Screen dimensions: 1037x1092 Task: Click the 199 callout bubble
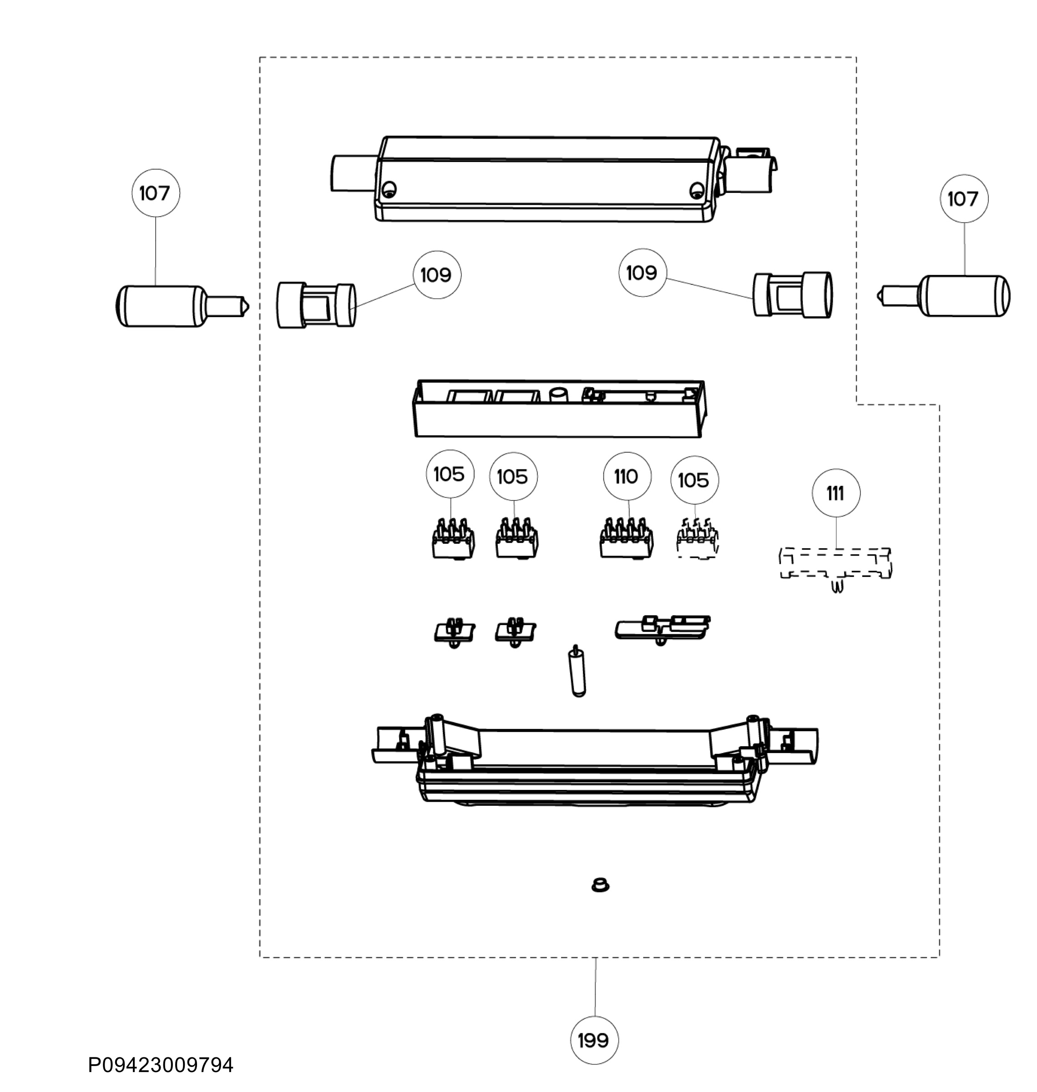point(594,1041)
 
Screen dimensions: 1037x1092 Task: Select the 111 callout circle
point(836,493)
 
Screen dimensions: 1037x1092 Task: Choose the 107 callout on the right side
point(964,199)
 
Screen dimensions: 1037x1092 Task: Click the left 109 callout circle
point(437,275)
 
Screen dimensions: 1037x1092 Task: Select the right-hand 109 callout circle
point(642,273)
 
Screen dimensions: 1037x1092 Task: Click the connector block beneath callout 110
point(626,538)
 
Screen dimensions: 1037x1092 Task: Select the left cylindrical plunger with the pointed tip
point(182,306)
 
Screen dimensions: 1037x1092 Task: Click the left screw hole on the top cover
point(389,188)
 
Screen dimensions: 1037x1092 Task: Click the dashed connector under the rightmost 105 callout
point(697,539)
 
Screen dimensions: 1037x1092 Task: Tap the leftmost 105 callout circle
point(450,474)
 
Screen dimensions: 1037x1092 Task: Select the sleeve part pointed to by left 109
point(316,306)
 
